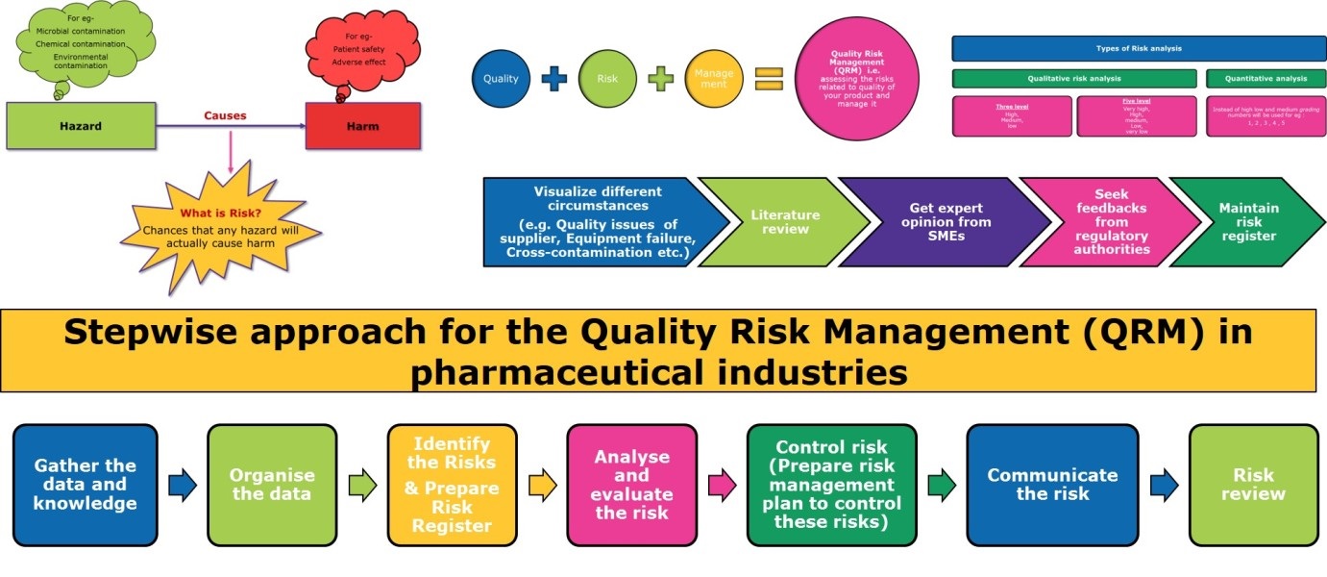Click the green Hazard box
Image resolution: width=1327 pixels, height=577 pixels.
click(81, 126)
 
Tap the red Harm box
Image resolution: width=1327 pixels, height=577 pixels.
click(362, 126)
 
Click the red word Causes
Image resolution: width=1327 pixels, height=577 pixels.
click(225, 115)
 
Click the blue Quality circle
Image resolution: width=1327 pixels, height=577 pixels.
click(501, 79)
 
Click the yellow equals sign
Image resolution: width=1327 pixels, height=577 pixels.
click(768, 80)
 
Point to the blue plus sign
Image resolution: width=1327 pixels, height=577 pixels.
click(554, 80)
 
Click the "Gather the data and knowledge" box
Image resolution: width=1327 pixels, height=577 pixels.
click(86, 486)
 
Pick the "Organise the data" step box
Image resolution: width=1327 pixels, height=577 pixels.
click(273, 486)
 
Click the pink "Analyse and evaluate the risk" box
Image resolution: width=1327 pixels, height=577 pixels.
click(631, 486)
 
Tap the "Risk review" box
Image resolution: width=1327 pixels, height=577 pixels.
click(1253, 486)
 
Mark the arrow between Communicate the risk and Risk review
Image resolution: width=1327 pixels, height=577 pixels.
click(1165, 486)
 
